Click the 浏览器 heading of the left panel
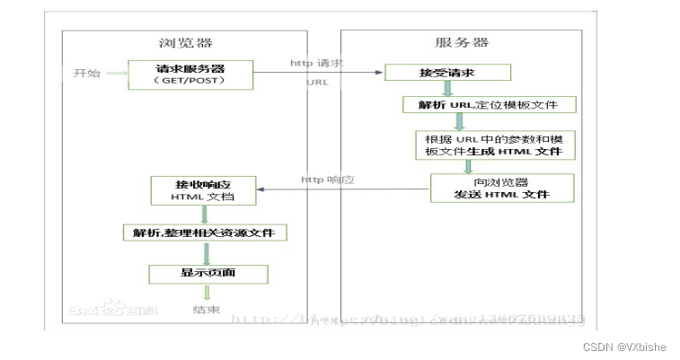pos(183,42)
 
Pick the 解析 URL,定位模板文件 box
pos(488,105)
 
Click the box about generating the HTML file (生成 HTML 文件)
pos(493,145)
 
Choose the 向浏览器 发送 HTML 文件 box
pos(501,188)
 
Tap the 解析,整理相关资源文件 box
pos(204,233)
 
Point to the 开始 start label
pos(86,72)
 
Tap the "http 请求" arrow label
pos(316,63)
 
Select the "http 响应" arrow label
pos(328,180)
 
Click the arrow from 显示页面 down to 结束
pos(207,293)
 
